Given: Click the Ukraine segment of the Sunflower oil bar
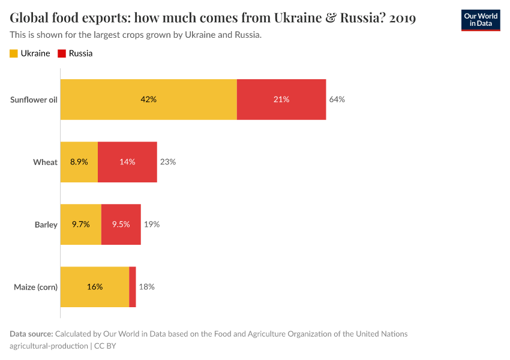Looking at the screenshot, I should click(x=149, y=100).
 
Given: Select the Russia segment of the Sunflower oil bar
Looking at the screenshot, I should click(x=281, y=100).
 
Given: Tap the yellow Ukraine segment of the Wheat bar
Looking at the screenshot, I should click(x=79, y=162).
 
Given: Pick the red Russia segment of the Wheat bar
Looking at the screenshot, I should click(x=127, y=162).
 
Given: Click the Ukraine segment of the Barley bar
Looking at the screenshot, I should click(x=81, y=224).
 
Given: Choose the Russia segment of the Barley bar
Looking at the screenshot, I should click(x=121, y=224).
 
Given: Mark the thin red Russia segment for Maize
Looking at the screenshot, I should click(x=133, y=287).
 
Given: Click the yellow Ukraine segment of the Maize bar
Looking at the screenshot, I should click(x=95, y=287).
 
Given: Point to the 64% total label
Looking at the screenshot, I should click(x=337, y=100).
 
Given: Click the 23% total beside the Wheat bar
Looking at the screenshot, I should click(x=167, y=162).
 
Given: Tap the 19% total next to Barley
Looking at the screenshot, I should click(x=151, y=224).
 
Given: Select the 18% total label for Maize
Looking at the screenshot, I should click(x=146, y=287).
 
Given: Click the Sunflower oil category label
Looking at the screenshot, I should click(x=34, y=100).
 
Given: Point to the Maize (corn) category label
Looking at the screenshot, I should click(x=35, y=287).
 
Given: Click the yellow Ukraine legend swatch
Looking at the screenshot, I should click(x=14, y=53).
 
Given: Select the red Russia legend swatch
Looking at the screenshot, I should click(x=61, y=53).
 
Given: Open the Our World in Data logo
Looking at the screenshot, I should click(x=481, y=20).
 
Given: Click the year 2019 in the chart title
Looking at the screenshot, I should click(x=403, y=18).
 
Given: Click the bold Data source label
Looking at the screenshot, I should click(x=31, y=334).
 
